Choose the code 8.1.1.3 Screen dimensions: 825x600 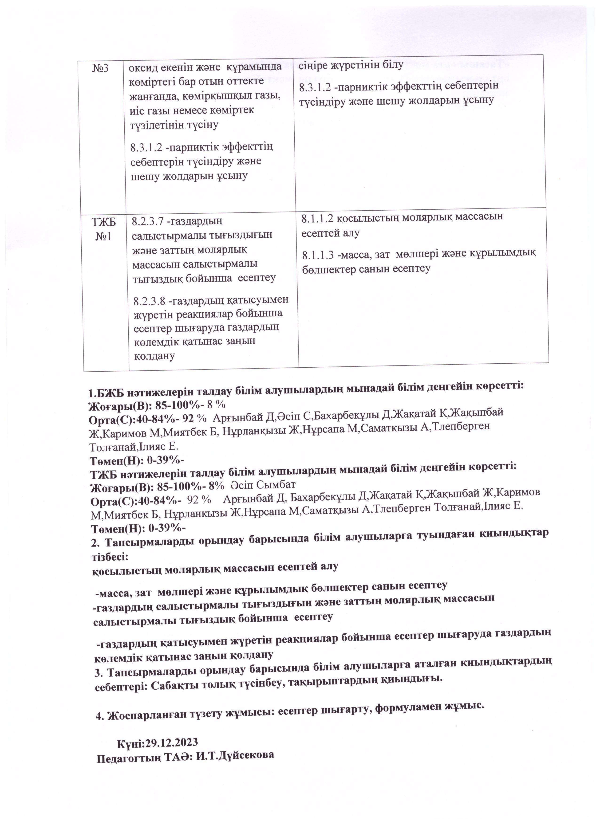318,255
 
